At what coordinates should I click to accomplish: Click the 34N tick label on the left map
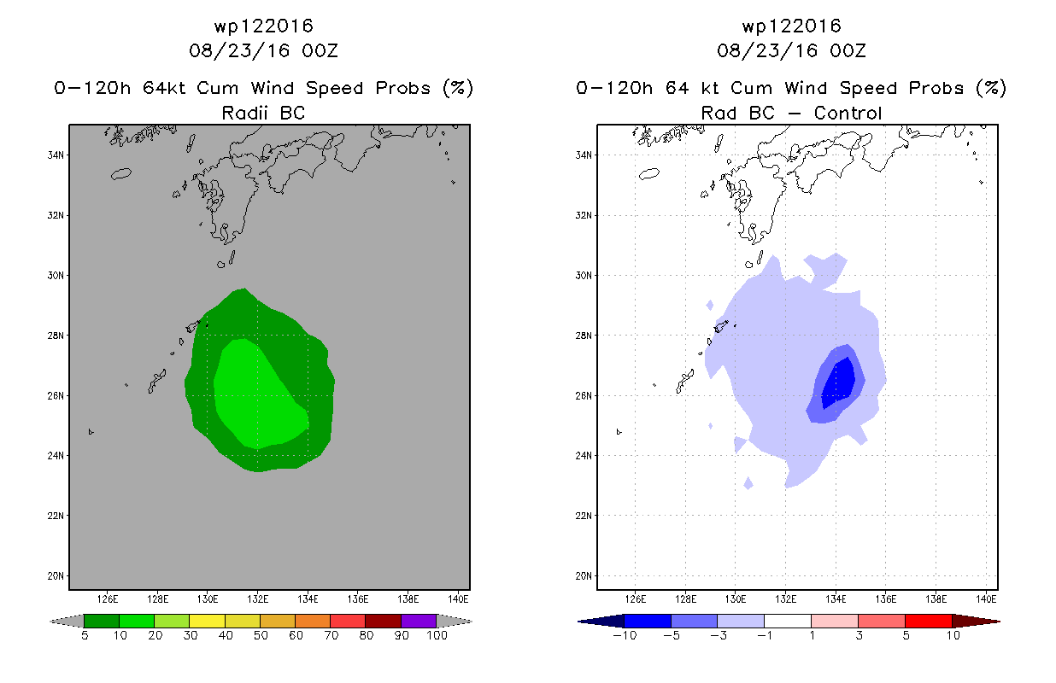click(x=56, y=155)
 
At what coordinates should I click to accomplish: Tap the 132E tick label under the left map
click(x=257, y=599)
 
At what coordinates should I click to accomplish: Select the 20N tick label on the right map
click(x=584, y=575)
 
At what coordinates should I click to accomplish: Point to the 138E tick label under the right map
click(x=936, y=599)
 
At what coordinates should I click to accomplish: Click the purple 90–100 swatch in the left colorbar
click(x=419, y=621)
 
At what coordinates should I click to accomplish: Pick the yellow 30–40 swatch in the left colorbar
click(x=207, y=621)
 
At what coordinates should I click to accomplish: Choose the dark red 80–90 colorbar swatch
click(x=384, y=621)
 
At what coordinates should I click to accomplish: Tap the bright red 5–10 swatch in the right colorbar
click(x=929, y=621)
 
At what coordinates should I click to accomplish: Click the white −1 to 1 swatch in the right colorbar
click(x=788, y=621)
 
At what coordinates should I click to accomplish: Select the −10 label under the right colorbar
click(x=625, y=635)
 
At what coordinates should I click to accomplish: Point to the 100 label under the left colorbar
click(x=437, y=635)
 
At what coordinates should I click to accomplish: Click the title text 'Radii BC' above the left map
click(x=263, y=113)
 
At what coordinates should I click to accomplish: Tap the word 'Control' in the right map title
click(x=848, y=113)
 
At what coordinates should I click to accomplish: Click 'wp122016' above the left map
click(x=263, y=26)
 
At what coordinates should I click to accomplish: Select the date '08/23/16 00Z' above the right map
click(x=791, y=50)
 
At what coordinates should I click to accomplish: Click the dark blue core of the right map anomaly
click(x=839, y=382)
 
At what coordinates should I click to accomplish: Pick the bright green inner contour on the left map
click(x=257, y=395)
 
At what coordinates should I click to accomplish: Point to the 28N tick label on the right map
click(x=584, y=336)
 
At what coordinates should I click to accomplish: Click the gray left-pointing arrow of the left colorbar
click(x=67, y=622)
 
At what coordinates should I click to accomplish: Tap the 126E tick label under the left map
click(x=108, y=599)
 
